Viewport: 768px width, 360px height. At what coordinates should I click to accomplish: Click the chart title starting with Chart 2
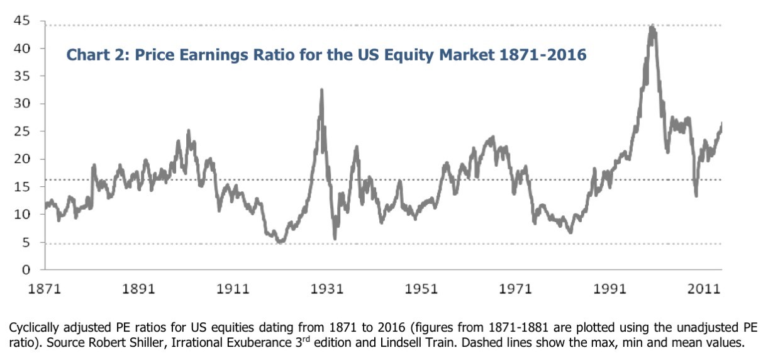(326, 56)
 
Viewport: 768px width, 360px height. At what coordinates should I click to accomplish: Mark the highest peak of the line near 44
(652, 26)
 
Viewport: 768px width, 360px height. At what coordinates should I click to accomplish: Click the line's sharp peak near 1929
(322, 90)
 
